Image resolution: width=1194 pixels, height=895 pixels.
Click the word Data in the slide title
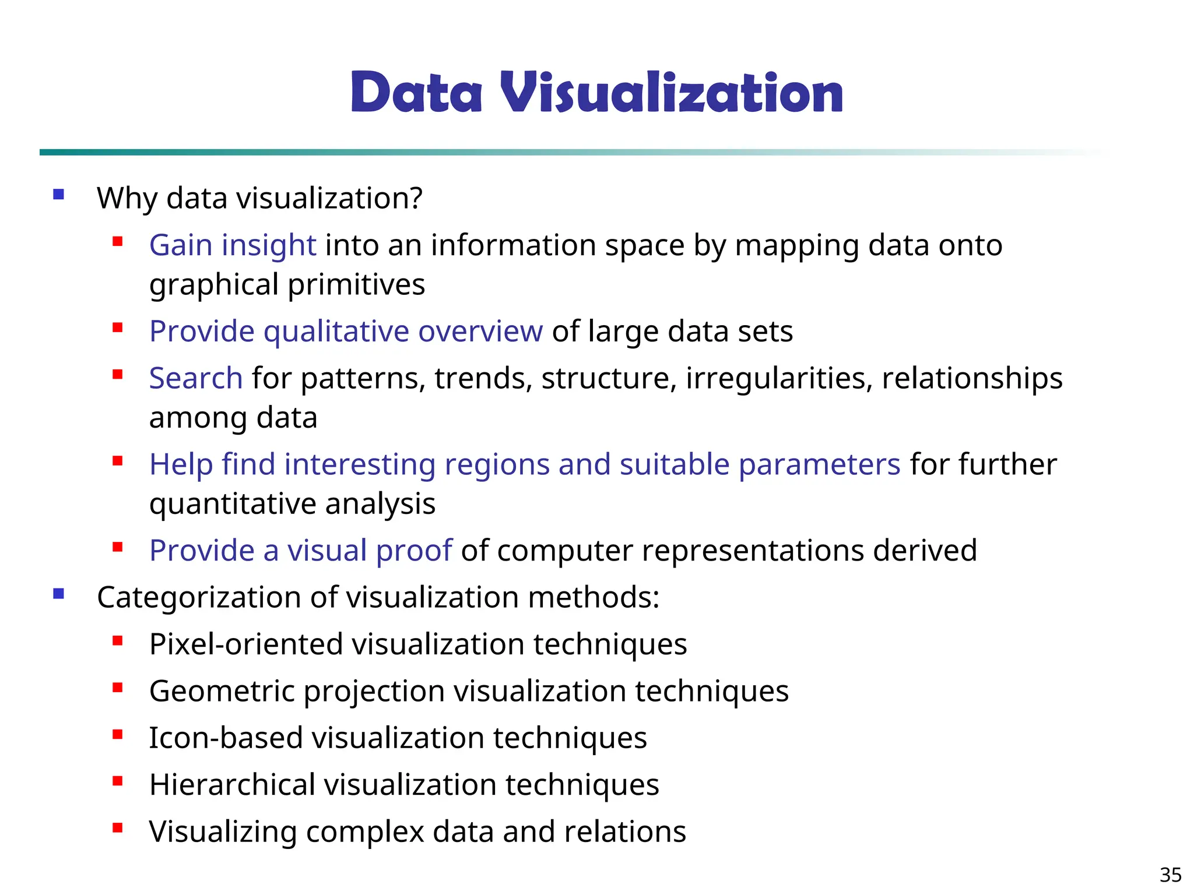pos(416,93)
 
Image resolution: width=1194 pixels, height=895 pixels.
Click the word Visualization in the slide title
pos(671,93)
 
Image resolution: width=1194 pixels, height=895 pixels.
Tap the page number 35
pos(1170,875)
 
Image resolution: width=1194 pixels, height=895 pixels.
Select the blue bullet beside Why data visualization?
pos(58,195)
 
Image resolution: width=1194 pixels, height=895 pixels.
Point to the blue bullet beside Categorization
pos(58,594)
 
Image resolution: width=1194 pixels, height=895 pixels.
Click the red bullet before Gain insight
pos(118,241)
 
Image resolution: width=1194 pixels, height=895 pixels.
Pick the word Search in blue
pos(196,378)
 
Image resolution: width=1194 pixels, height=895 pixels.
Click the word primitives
pos(356,284)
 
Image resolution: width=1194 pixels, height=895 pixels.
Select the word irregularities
pos(779,378)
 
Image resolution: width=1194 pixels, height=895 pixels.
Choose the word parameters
pos(820,464)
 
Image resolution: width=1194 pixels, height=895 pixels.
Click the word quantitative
pos(233,503)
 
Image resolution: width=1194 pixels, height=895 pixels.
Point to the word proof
pos(414,551)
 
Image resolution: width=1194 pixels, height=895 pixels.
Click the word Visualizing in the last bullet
pos(223,831)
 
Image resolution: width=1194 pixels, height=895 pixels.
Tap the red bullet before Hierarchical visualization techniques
pos(118,781)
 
